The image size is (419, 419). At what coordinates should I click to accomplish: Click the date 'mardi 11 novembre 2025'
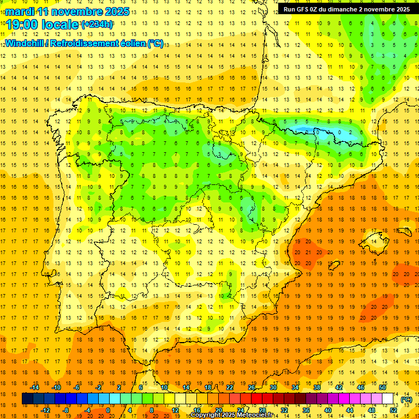point(68,11)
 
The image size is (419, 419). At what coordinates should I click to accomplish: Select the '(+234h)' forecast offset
point(97,25)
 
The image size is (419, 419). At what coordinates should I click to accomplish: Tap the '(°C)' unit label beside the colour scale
point(406,400)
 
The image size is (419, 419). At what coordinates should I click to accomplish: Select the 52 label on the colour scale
point(394,410)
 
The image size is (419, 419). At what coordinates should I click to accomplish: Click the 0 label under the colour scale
point(108,410)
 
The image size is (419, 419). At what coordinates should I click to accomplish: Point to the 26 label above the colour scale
point(252,387)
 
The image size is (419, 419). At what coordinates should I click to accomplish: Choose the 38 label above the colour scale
point(317,387)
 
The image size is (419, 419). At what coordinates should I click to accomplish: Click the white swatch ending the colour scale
point(388,399)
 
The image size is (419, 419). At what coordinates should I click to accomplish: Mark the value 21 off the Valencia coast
point(308,252)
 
